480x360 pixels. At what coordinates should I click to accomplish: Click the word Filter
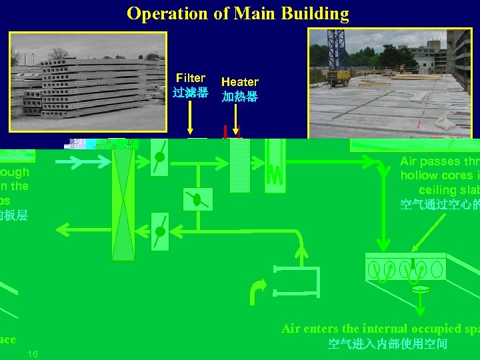click(x=190, y=79)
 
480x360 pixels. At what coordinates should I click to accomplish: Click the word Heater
click(x=239, y=82)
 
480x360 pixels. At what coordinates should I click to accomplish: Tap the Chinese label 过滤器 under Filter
click(x=189, y=93)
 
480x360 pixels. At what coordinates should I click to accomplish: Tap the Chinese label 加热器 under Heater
click(x=239, y=97)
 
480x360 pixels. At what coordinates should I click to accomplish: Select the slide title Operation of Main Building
click(x=237, y=13)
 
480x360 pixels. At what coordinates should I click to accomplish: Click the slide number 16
click(x=33, y=353)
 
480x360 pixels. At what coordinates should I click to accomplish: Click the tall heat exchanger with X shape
click(x=123, y=200)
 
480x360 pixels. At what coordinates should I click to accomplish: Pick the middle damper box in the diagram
click(x=197, y=199)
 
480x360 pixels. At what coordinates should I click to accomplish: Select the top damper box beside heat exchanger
click(x=159, y=158)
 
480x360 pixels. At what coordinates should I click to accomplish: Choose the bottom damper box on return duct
click(x=159, y=231)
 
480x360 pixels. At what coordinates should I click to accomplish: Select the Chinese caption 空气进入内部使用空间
click(x=387, y=344)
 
